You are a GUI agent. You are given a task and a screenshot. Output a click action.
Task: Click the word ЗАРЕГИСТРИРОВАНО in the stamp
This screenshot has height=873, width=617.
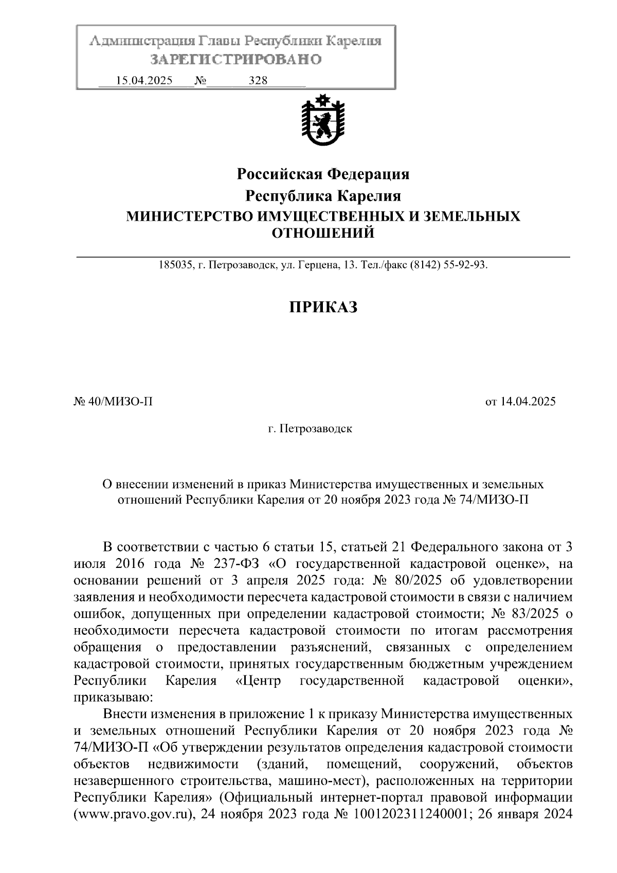pyautogui.click(x=235, y=60)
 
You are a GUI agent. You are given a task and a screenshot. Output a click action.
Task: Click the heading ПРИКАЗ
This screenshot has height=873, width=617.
pyautogui.click(x=323, y=307)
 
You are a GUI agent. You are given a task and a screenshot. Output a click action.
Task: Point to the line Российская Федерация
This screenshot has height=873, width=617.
pyautogui.click(x=323, y=174)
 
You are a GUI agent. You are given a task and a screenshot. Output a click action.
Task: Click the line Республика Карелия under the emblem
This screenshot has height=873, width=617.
pyautogui.click(x=323, y=196)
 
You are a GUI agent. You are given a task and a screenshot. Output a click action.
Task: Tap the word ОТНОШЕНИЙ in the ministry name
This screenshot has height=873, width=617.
pyautogui.click(x=323, y=234)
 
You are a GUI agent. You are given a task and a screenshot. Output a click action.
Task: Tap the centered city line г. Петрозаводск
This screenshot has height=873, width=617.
pyautogui.click(x=310, y=429)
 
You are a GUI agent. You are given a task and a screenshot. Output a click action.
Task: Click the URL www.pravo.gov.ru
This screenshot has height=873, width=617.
pyautogui.click(x=134, y=815)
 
